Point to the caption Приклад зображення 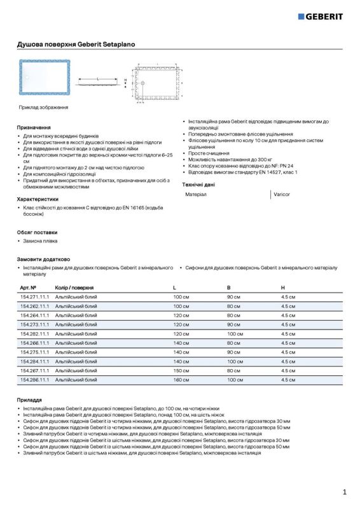43,108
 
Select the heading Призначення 34,128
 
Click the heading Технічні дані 198,184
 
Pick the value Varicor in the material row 282,193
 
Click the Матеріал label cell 196,193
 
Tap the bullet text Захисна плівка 40,241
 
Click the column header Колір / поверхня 74,288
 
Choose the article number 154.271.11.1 34,297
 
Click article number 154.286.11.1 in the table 34,379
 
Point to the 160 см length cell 181,379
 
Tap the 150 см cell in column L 181,370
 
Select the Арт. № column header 29,288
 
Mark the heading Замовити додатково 43,260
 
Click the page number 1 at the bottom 344,492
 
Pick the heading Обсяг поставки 37,232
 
